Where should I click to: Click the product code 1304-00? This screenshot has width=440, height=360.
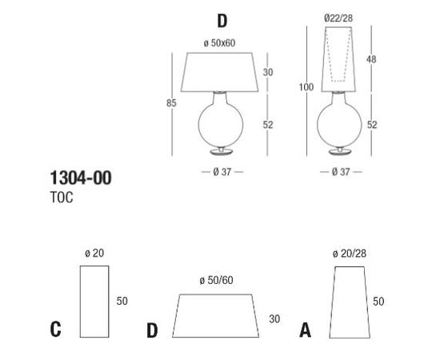coord(81,178)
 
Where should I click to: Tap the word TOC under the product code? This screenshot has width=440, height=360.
coord(62,198)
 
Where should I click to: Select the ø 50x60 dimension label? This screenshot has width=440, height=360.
coord(219,43)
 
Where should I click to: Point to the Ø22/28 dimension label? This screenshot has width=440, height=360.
coord(338,18)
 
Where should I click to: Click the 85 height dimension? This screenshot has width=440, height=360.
coord(171,103)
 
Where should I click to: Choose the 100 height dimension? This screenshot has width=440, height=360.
coord(306,87)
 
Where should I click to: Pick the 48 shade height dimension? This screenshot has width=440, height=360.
coord(371,59)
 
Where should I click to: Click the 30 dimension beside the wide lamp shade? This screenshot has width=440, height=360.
coord(268,72)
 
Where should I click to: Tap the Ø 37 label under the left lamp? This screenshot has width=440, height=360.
coord(222,172)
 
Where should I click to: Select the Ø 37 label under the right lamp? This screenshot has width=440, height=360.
coord(341,172)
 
